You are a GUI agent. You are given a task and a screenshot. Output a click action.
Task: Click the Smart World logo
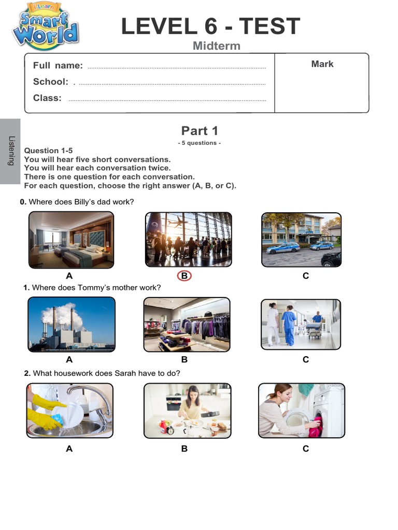pyautogui.click(x=46, y=26)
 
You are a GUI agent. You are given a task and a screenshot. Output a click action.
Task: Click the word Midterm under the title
pyautogui.click(x=216, y=46)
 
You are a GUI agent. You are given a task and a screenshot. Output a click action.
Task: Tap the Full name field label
pyautogui.click(x=58, y=65)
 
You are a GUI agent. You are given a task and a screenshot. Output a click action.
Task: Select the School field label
pyautogui.click(x=50, y=82)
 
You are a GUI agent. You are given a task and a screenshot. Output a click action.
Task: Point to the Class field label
pyautogui.click(x=47, y=98)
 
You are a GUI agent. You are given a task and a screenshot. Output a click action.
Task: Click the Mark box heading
pyautogui.click(x=322, y=64)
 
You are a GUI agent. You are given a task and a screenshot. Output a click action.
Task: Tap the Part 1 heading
pyautogui.click(x=200, y=131)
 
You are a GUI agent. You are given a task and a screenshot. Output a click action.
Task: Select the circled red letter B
pyautogui.click(x=184, y=276)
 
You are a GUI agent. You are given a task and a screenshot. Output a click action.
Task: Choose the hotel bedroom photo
pyautogui.click(x=71, y=240)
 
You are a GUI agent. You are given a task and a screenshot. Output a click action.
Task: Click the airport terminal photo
pyautogui.click(x=188, y=240)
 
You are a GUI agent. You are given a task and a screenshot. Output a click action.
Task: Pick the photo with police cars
pyautogui.click(x=301, y=240)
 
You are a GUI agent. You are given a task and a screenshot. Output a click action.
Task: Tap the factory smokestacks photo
pyautogui.click(x=71, y=325)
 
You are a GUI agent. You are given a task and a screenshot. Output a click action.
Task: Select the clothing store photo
pyautogui.click(x=187, y=325)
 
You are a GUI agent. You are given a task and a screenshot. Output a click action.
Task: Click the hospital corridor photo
pyautogui.click(x=301, y=325)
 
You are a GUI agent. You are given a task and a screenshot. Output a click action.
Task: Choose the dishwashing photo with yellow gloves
pyautogui.click(x=70, y=410)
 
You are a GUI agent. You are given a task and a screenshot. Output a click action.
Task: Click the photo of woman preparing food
pyautogui.click(x=187, y=410)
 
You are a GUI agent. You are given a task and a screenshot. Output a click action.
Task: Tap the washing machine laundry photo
pyautogui.click(x=301, y=410)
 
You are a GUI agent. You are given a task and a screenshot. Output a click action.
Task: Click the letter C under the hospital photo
pyautogui.click(x=306, y=359)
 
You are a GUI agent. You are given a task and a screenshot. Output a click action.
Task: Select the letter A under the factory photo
pyautogui.click(x=69, y=359)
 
